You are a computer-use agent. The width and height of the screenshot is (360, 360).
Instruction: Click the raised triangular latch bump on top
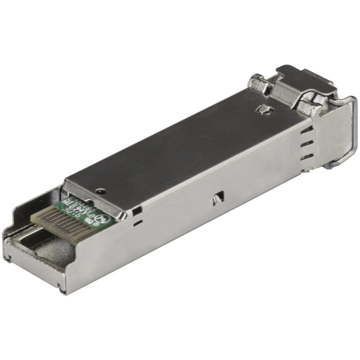click(264, 108)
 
